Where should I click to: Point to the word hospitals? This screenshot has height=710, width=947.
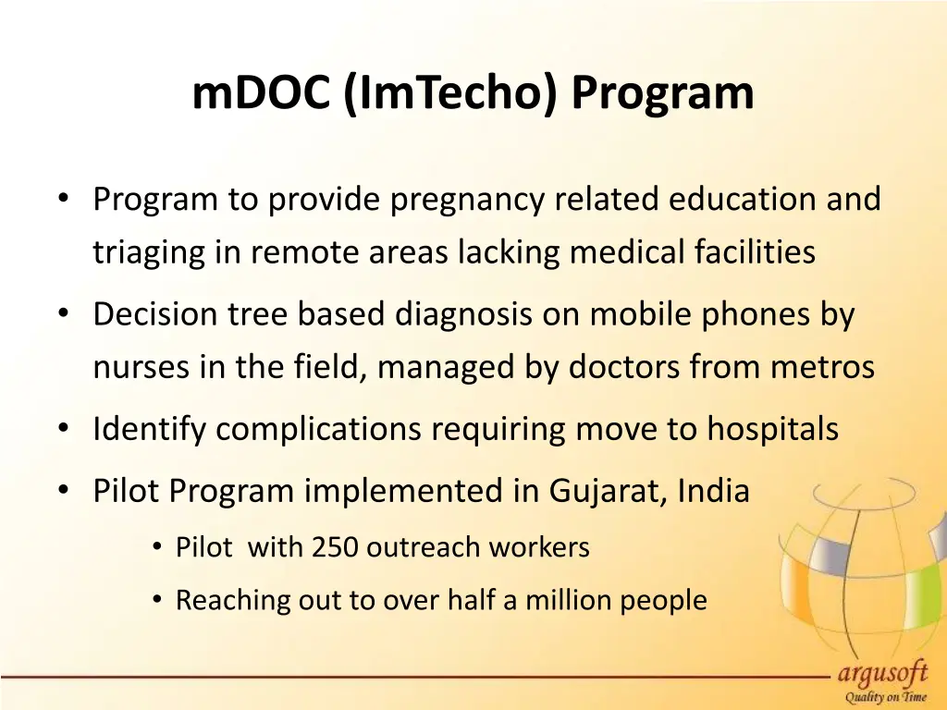(773, 430)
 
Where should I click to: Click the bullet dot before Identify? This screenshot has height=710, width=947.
(62, 430)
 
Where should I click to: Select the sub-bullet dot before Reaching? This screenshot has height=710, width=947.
(159, 601)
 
